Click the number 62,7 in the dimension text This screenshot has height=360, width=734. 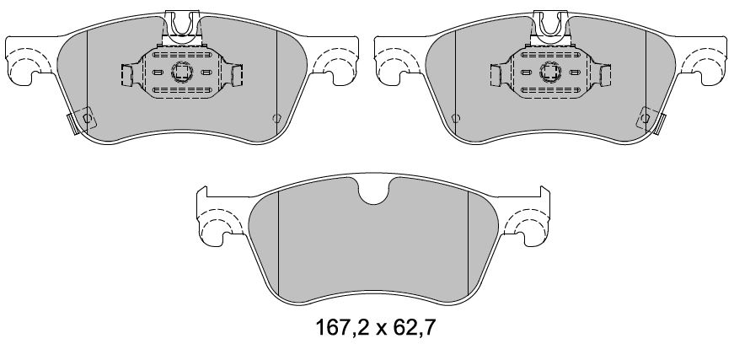point(414,328)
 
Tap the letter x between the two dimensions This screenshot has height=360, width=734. point(382,330)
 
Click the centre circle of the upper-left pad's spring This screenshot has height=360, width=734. point(182,73)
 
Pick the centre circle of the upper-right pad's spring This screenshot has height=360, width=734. point(551,73)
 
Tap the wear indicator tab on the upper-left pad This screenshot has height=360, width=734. point(81,121)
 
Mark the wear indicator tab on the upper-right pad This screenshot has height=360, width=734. point(651,121)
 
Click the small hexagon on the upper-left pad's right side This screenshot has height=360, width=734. point(276,118)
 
